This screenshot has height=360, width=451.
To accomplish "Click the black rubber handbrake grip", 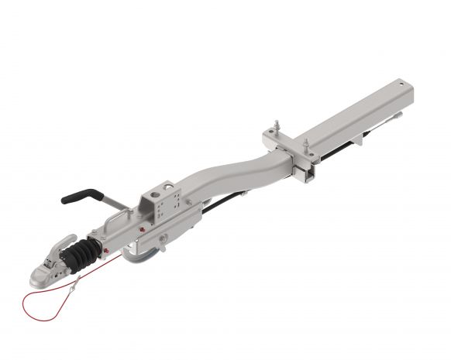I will click(x=81, y=195).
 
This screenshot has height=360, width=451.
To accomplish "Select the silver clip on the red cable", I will click(x=72, y=287).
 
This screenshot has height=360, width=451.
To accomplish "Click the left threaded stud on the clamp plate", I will click(x=277, y=127).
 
